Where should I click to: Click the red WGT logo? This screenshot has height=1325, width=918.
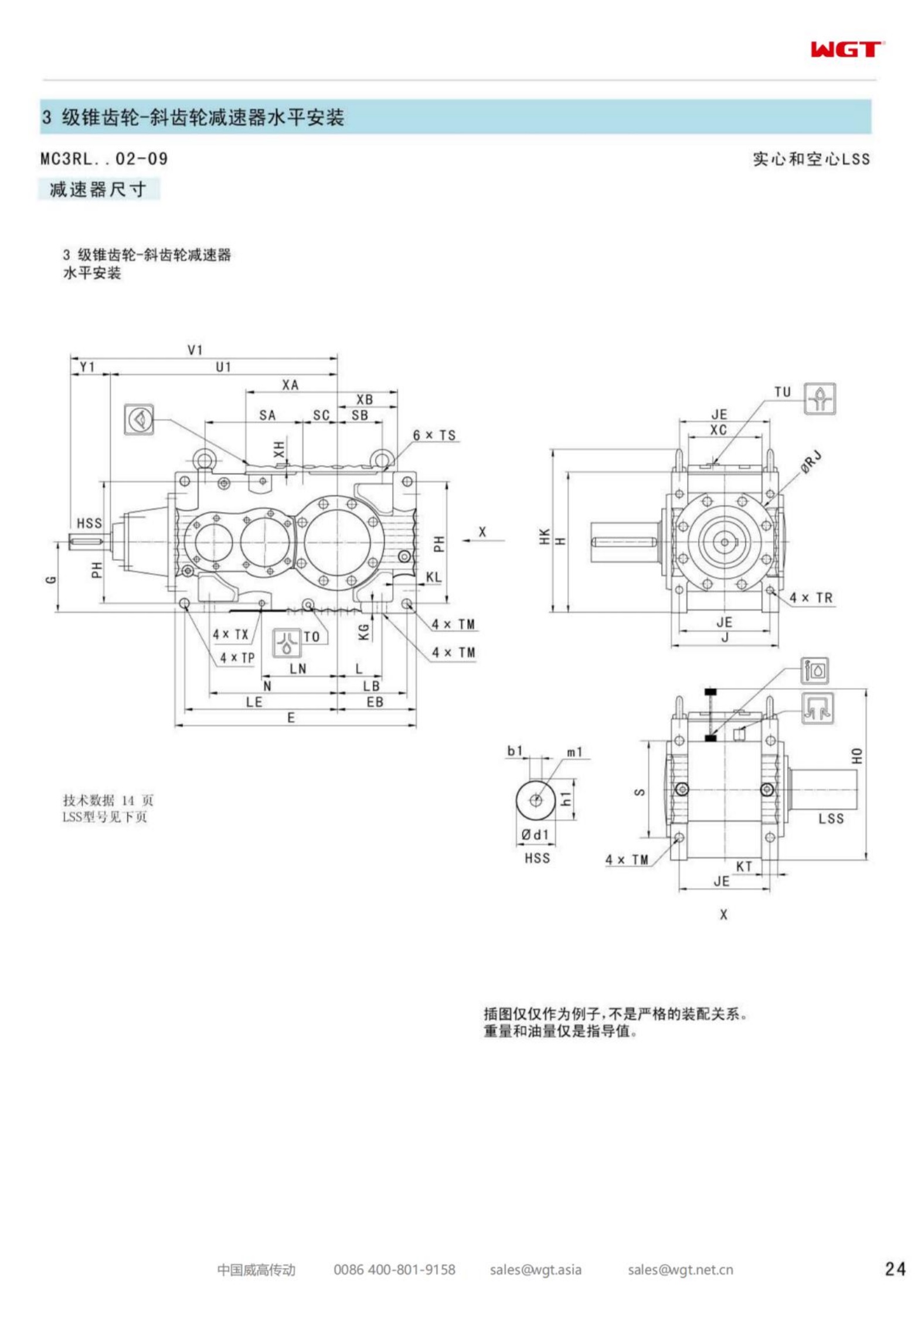pyautogui.click(x=846, y=50)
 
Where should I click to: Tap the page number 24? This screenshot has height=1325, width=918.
pyautogui.click(x=895, y=1269)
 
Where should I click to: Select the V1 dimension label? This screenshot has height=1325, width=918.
pyautogui.click(x=195, y=350)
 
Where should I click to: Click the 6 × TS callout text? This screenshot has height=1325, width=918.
pyautogui.click(x=434, y=435)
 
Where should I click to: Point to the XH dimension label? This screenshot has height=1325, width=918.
pyautogui.click(x=279, y=449)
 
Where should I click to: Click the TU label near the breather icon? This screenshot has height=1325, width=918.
pyautogui.click(x=783, y=392)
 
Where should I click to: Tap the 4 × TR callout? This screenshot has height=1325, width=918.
pyautogui.click(x=810, y=598)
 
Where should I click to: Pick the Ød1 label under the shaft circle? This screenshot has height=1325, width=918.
pyautogui.click(x=535, y=834)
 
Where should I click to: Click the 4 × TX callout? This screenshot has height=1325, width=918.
pyautogui.click(x=230, y=634)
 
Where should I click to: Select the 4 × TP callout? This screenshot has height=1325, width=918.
pyautogui.click(x=237, y=658)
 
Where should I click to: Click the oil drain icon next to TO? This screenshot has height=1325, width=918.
pyautogui.click(x=287, y=643)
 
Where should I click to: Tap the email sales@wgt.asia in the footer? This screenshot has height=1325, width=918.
pyautogui.click(x=535, y=1269)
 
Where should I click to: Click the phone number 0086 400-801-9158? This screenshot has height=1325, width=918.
pyautogui.click(x=394, y=1269)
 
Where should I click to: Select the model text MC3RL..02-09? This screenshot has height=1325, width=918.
pyautogui.click(x=104, y=158)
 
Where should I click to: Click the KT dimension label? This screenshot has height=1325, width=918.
pyautogui.click(x=744, y=866)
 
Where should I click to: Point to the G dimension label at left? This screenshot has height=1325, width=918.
pyautogui.click(x=51, y=580)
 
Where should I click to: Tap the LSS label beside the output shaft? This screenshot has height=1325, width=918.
pyautogui.click(x=831, y=819)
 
